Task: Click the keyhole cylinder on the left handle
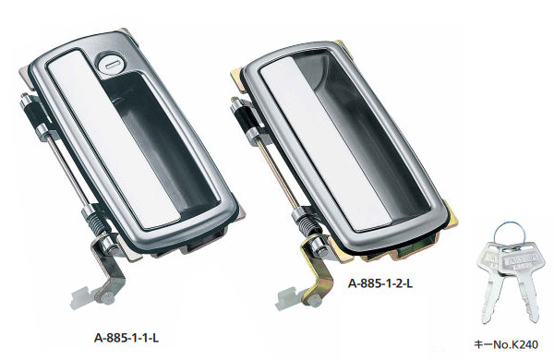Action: [109, 65]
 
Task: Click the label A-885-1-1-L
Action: [126, 338]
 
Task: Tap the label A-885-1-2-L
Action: [380, 283]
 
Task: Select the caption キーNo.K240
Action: [506, 344]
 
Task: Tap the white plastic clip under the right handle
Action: [289, 299]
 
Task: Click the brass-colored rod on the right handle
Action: [278, 174]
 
